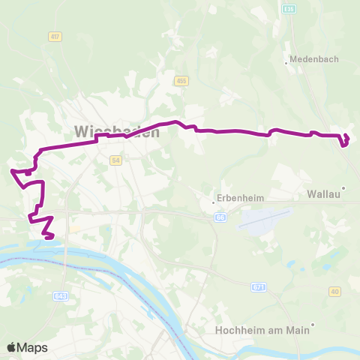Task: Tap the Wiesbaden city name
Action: [x=117, y=131]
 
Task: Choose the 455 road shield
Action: [x=181, y=80]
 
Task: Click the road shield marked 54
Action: [x=115, y=160]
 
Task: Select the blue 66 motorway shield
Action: [x=220, y=217]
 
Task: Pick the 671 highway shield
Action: [x=258, y=286]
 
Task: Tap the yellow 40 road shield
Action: [x=334, y=292]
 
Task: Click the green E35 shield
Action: [x=289, y=7]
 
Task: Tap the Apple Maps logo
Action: [x=27, y=347]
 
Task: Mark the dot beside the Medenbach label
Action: [x=286, y=63]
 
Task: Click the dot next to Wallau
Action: [x=343, y=187]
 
